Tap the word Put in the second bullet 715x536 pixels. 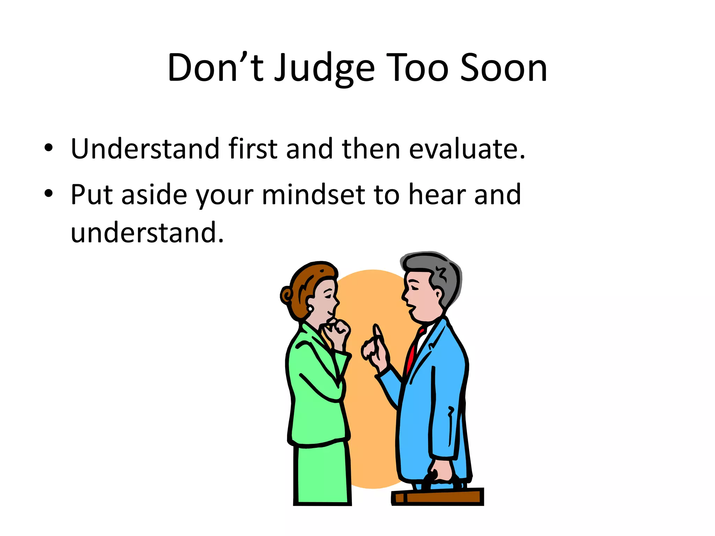point(91,194)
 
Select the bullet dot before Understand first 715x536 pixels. point(49,148)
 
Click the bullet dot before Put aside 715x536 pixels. point(49,193)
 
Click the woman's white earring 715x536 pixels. point(310,309)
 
